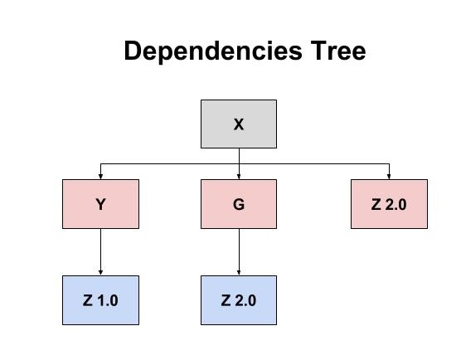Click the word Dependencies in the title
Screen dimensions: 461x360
pyautogui.click(x=213, y=51)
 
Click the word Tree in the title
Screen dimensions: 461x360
pyautogui.click(x=338, y=51)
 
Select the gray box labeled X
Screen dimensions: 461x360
pyautogui.click(x=239, y=124)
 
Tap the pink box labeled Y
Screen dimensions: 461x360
pyautogui.click(x=100, y=204)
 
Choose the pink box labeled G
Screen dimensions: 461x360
pyautogui.click(x=239, y=204)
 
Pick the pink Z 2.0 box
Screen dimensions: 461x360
pyautogui.click(x=389, y=204)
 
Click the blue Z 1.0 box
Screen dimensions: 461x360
pyautogui.click(x=100, y=300)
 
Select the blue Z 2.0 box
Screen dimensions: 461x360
pyautogui.click(x=239, y=300)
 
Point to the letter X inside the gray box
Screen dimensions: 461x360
pyautogui.click(x=239, y=124)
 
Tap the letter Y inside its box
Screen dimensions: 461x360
pyautogui.click(x=101, y=204)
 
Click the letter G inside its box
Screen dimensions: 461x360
pyautogui.click(x=239, y=204)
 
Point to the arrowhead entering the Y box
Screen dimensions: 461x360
pyautogui.click(x=100, y=177)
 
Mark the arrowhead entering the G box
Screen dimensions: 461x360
pyautogui.click(x=239, y=177)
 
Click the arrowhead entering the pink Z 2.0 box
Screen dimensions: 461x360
pyautogui.click(x=389, y=177)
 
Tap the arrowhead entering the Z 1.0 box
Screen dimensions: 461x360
pyautogui.click(x=100, y=273)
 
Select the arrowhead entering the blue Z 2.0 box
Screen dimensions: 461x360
pyautogui.click(x=239, y=273)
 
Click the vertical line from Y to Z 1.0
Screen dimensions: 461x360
pyautogui.click(x=100, y=252)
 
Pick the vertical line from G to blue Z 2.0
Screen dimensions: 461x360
pyautogui.click(x=239, y=252)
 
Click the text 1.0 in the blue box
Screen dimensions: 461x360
pyautogui.click(x=108, y=300)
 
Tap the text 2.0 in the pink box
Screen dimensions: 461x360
pyautogui.click(x=396, y=204)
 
